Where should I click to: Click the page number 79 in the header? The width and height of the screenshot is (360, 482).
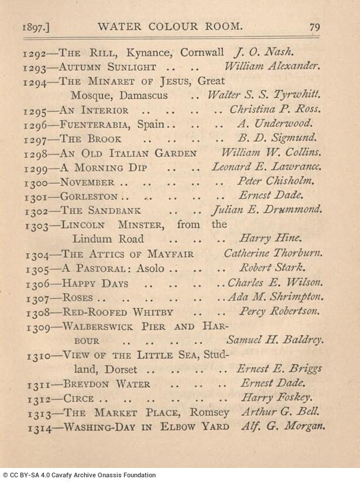(x=315, y=26)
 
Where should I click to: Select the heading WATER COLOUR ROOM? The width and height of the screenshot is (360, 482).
(x=170, y=26)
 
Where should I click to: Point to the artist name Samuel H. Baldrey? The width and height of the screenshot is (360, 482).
(x=275, y=340)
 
